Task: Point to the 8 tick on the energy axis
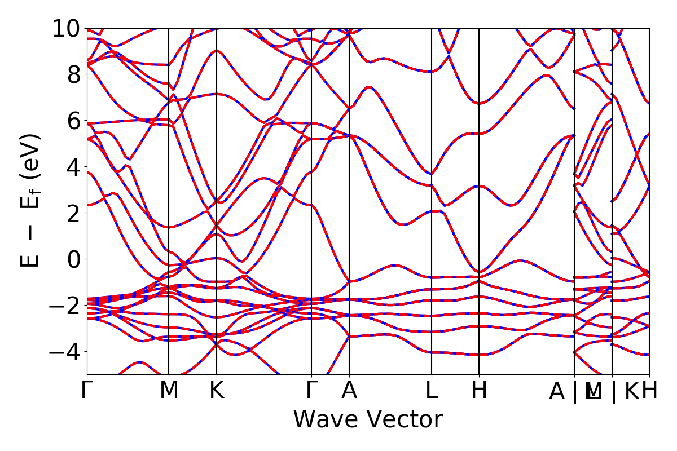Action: point(73,74)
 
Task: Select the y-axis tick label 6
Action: point(73,121)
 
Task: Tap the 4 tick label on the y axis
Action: point(73,167)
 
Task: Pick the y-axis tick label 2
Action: point(73,213)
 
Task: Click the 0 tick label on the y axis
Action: point(73,259)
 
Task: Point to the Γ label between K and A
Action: point(311,391)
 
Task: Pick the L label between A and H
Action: point(432,391)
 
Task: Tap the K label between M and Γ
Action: point(217,391)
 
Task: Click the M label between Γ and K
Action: point(169,391)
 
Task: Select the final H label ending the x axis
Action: point(650,391)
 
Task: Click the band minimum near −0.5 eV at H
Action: point(479,272)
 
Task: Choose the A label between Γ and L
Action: point(349,391)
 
